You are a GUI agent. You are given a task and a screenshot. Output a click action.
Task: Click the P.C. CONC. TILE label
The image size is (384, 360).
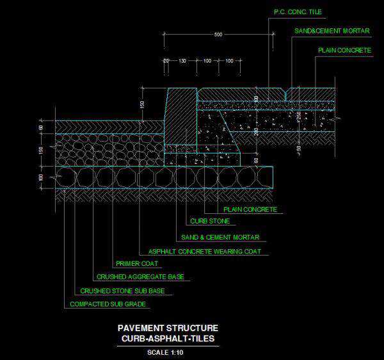tap(297, 12)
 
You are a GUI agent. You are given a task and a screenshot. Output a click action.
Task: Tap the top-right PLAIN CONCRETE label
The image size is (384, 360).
tap(344, 49)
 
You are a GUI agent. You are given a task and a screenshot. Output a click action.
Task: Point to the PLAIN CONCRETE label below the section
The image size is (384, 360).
tap(250, 209)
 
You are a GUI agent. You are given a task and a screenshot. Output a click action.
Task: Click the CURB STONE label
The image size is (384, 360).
tap(210, 222)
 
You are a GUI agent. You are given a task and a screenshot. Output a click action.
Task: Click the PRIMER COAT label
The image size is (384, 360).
tap(137, 263)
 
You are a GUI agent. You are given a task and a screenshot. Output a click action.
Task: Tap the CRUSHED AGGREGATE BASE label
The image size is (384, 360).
tap(140, 277)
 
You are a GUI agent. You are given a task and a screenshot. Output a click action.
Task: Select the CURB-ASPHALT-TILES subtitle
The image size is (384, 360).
tap(169, 338)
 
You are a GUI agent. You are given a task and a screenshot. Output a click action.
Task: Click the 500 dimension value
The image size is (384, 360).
tap(218, 35)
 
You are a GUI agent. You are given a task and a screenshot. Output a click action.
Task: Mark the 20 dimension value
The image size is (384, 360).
tap(166, 61)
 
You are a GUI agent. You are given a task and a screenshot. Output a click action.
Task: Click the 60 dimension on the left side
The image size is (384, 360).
tap(41, 128)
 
